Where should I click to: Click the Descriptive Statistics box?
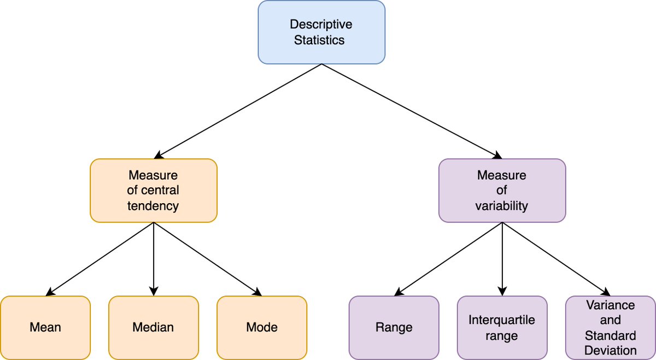pos(321,32)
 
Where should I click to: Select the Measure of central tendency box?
pos(154,190)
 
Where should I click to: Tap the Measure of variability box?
pos(502,190)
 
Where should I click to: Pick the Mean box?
pos(45,327)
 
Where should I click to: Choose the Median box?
pos(153,327)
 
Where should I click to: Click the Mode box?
pos(262,327)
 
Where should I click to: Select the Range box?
pos(394,327)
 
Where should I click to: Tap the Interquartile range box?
pos(502,327)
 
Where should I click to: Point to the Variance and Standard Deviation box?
pos(610,327)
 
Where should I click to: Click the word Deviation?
pos(610,350)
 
